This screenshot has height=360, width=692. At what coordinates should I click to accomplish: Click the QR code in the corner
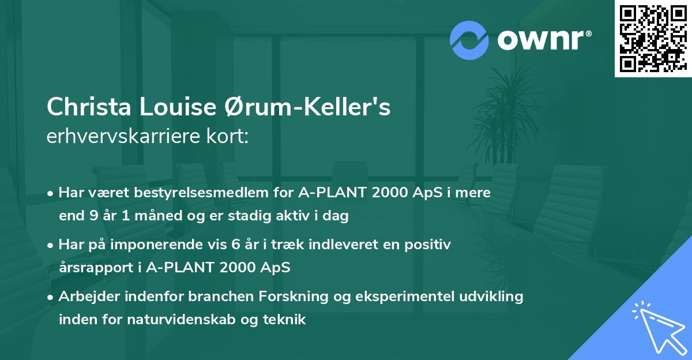pos(652,38)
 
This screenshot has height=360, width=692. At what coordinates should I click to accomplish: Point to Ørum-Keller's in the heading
pos(306,107)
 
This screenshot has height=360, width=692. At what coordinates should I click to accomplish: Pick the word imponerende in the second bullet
pos(161,245)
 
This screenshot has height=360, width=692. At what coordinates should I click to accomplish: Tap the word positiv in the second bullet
pos(428,245)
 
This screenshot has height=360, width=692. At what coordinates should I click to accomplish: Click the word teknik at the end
pos(286,320)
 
